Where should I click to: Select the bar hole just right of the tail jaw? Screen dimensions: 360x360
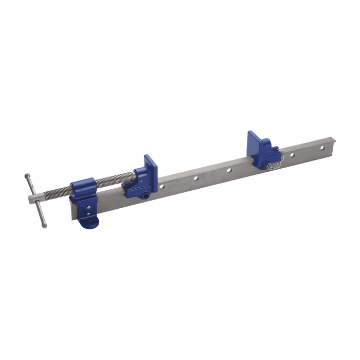pyautogui.click(x=293, y=155)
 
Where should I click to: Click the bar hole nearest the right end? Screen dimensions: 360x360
pyautogui.click(x=323, y=148)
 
